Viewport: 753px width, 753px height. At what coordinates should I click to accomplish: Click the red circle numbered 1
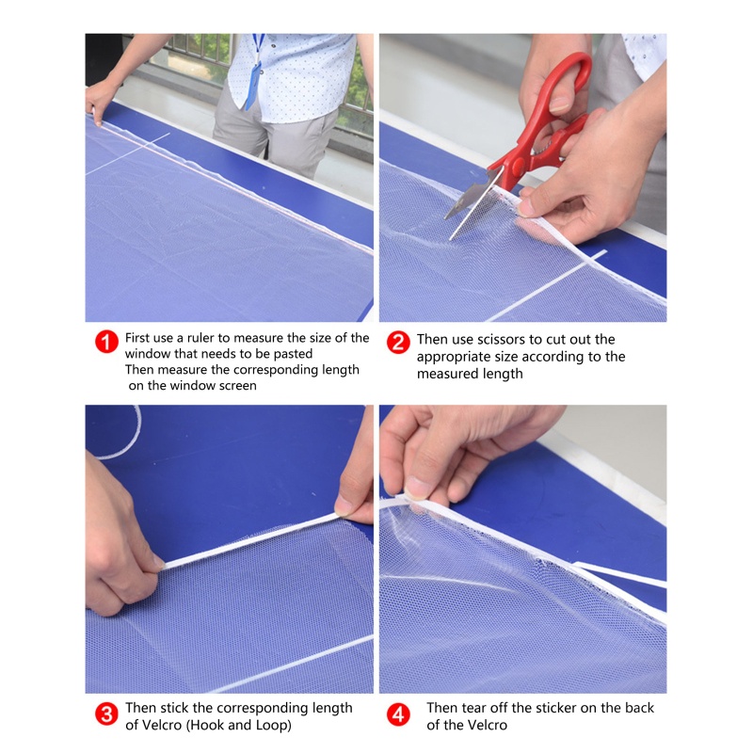pyautogui.click(x=106, y=342)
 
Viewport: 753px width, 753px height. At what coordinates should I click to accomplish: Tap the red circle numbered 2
pyautogui.click(x=398, y=342)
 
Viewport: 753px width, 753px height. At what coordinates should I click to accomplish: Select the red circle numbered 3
pyautogui.click(x=106, y=714)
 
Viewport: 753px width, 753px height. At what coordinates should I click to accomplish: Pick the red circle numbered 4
pyautogui.click(x=398, y=715)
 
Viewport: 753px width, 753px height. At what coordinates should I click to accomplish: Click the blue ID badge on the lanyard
pyautogui.click(x=252, y=87)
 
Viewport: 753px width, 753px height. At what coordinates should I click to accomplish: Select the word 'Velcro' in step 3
pyautogui.click(x=160, y=725)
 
